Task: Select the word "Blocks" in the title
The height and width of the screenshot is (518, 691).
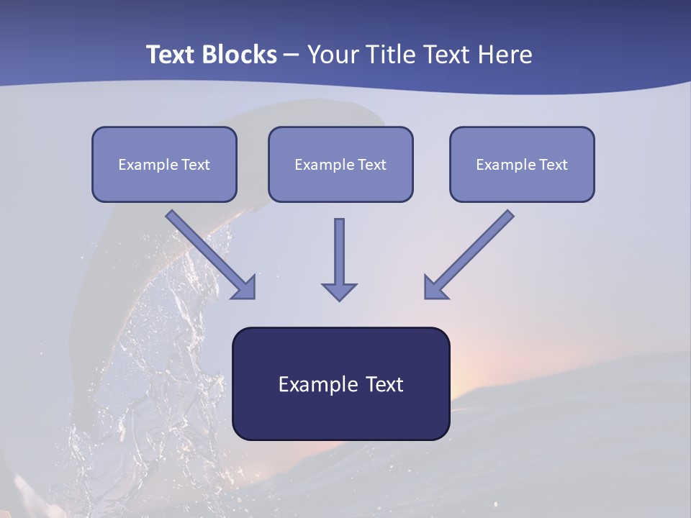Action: point(240,55)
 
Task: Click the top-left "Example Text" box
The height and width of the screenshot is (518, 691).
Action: point(164,164)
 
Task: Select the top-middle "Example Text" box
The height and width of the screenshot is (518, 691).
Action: point(340,164)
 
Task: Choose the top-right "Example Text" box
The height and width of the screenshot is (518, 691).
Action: point(522,164)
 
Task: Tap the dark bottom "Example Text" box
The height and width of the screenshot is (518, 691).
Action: point(340,383)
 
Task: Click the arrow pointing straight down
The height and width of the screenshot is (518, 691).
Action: point(339,255)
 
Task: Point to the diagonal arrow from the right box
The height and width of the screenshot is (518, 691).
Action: point(471,252)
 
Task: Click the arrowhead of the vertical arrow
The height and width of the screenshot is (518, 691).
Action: point(339,291)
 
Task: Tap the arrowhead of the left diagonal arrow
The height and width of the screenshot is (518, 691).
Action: point(245,287)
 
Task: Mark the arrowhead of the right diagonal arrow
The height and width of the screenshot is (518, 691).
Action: point(435,287)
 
